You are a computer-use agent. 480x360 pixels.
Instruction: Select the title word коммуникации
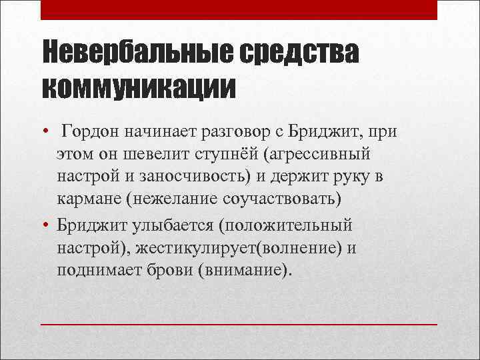(139, 87)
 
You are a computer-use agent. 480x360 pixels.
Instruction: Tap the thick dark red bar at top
(239, 9)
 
